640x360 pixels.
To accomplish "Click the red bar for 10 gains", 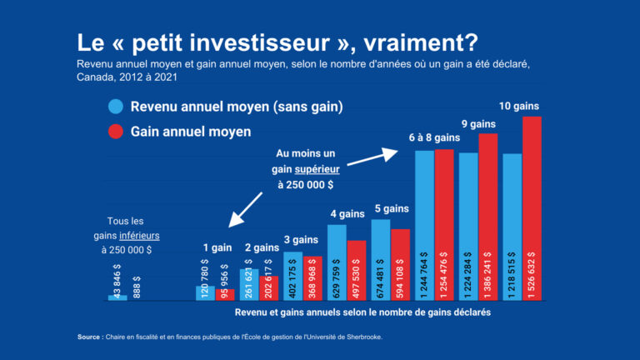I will [x=532, y=208].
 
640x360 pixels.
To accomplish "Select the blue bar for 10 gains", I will [x=512, y=225].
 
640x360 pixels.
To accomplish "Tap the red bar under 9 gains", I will [x=488, y=217].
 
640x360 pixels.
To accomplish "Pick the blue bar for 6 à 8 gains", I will [x=424, y=225].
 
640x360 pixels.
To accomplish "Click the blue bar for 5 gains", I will [x=381, y=258].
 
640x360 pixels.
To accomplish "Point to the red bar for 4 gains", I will [x=357, y=270].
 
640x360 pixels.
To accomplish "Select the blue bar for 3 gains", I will [x=293, y=275].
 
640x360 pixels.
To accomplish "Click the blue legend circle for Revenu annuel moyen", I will [x=115, y=107].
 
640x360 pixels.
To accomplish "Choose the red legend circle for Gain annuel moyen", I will [x=115, y=132].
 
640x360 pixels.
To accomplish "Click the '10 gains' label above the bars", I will [x=520, y=106].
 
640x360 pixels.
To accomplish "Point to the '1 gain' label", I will [x=217, y=247].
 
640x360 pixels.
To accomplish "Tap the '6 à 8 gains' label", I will [x=434, y=137].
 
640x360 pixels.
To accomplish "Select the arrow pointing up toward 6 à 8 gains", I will [x=387, y=155].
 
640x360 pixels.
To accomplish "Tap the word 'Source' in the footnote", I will [x=88, y=337].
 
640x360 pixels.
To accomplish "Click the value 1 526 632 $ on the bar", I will [x=532, y=274].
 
